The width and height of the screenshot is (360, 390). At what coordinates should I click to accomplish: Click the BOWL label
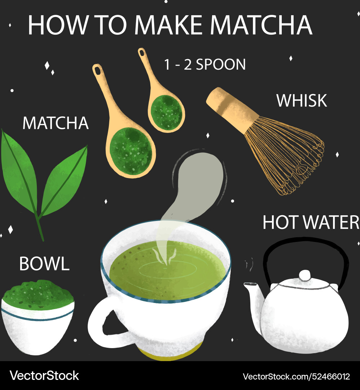[x=44, y=264]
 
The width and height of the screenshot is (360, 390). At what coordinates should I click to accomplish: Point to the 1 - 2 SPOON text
[x=205, y=65]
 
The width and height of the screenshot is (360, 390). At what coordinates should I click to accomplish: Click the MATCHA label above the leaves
[x=56, y=123]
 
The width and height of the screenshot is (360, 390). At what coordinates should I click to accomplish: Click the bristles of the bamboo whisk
[x=285, y=155]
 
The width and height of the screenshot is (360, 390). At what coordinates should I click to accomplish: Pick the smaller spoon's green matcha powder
[x=166, y=109]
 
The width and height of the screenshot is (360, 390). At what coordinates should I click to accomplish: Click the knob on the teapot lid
[x=305, y=275]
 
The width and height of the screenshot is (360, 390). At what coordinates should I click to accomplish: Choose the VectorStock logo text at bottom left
[x=44, y=376]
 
